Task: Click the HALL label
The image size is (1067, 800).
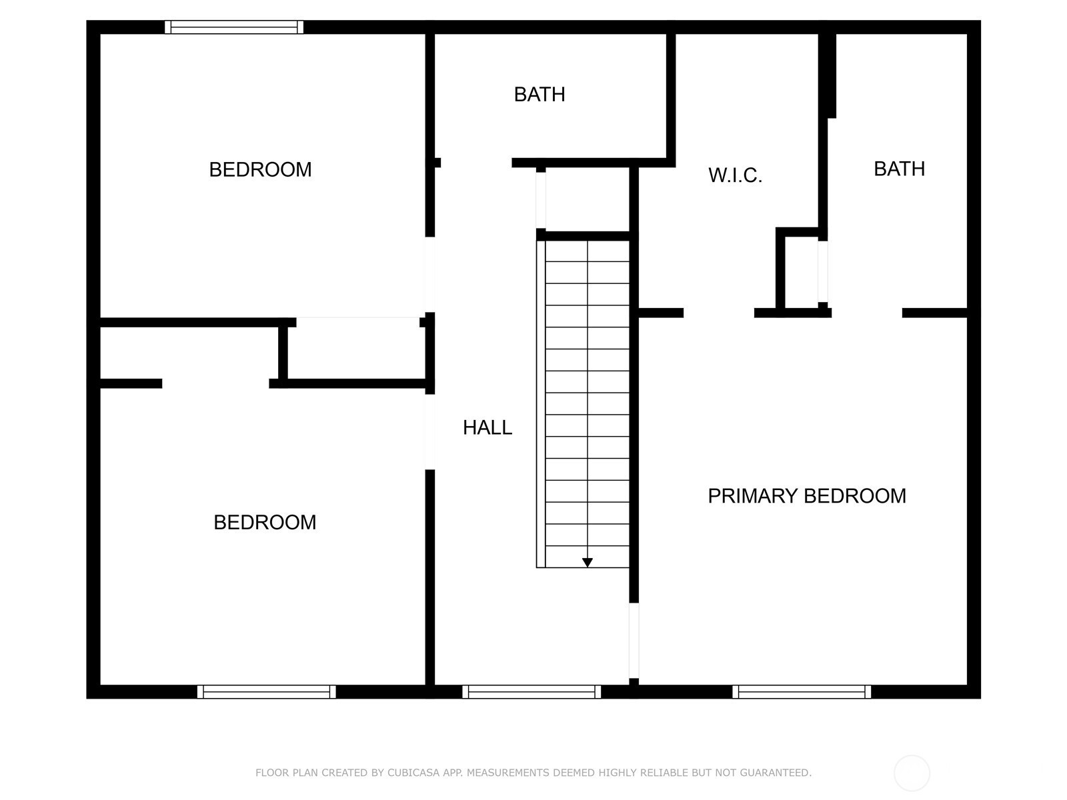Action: [x=487, y=427]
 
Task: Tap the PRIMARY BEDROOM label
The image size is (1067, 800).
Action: [x=807, y=496]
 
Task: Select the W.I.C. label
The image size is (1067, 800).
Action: [x=735, y=175]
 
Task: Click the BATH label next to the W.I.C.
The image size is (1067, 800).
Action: [x=900, y=169]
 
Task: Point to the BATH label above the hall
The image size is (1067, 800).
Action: [x=540, y=94]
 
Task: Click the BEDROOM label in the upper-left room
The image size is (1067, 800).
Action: [x=260, y=169]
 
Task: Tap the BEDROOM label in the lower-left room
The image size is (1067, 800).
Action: [x=265, y=522]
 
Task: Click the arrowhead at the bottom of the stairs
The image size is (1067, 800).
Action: [x=588, y=563]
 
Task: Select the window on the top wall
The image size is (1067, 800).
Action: [x=234, y=27]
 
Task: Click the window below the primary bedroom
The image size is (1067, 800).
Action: [x=802, y=692]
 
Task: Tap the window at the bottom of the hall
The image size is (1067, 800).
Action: [x=531, y=692]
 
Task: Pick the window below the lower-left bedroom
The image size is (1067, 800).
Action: [x=266, y=692]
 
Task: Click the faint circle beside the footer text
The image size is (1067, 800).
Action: [x=912, y=773]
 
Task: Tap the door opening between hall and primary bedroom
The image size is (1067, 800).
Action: [x=634, y=640]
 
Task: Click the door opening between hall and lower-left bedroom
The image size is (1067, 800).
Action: [x=429, y=432]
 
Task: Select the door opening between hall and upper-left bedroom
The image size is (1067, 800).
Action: [x=429, y=275]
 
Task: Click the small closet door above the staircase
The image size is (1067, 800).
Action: [x=541, y=200]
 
